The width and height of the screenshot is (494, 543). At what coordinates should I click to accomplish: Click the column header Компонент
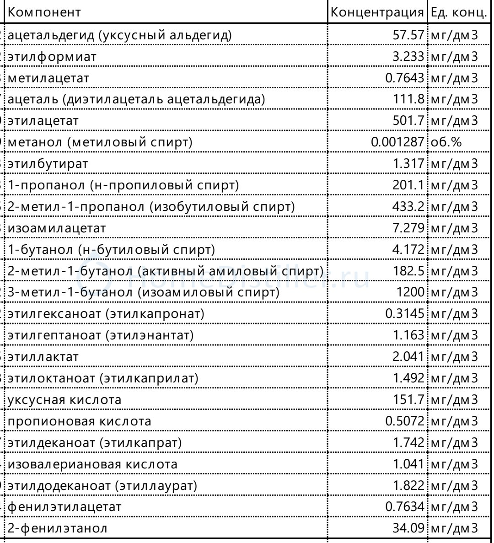[x=45, y=12]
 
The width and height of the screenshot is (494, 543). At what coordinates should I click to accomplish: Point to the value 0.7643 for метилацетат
[x=404, y=78]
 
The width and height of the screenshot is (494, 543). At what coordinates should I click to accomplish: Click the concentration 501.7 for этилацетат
[x=408, y=121]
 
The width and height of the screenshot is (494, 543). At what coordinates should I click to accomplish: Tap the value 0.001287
[x=397, y=142]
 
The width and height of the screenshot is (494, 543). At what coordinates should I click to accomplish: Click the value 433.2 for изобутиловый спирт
[x=408, y=206]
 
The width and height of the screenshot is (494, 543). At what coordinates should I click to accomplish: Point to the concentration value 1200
[x=411, y=292]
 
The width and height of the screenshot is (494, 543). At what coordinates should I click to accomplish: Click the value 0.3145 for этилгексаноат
[x=404, y=313]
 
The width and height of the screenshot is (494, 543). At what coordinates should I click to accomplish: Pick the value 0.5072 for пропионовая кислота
[x=404, y=421]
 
